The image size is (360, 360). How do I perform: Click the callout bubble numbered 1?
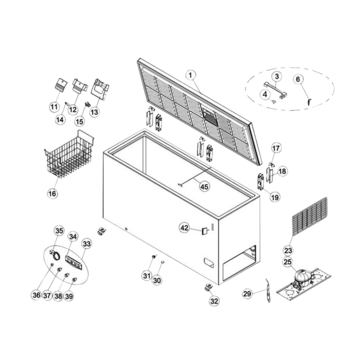pos(190,76)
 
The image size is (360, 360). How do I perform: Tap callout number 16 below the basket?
pos(52,193)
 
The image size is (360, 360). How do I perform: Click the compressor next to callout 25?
pos(303,275)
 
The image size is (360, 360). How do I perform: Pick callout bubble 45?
pos(204,187)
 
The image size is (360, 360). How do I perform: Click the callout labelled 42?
pos(184,228)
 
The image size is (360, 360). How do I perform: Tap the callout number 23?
pos(288,250)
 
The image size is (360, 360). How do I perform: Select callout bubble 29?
pos(247,294)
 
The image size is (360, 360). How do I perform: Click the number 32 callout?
pos(214,301)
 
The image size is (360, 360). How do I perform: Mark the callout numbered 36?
pos(36,295)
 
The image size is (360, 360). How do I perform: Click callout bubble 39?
pos(69,296)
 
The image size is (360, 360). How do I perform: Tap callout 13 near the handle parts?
pos(95,112)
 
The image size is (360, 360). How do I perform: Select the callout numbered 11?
pos(54,107)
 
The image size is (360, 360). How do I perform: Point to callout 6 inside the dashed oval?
pos(298,79)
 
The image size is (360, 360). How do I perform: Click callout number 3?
pos(276,76)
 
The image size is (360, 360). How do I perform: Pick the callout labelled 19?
pos(275,198)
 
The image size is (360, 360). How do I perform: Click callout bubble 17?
pos(276,148)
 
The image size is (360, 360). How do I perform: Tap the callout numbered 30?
pos(157,280)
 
